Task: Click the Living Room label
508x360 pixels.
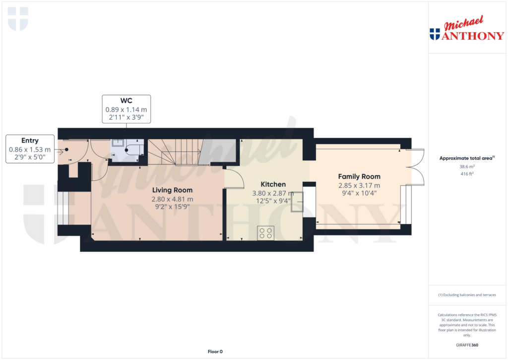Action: tap(172, 190)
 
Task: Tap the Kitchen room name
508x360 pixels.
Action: tap(273, 184)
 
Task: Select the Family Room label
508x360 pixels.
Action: tap(359, 176)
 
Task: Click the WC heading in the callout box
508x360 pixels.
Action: tap(127, 100)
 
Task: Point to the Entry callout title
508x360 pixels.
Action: tap(30, 141)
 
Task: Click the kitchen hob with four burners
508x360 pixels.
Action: tap(266, 233)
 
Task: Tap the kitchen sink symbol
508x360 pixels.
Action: tap(297, 202)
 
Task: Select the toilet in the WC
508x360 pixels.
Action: tap(133, 149)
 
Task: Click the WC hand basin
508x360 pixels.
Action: tap(117, 143)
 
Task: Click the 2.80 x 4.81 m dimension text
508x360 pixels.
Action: tap(172, 199)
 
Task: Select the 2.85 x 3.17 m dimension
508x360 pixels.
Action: tap(359, 186)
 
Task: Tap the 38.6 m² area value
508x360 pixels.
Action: tap(467, 167)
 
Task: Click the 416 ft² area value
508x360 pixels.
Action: tap(467, 174)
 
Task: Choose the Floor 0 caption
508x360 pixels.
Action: tap(215, 352)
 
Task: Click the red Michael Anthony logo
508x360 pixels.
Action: tap(467, 28)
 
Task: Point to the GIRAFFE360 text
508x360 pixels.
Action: tap(467, 345)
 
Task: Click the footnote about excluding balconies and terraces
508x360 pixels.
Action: tap(467, 295)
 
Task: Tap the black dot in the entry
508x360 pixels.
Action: tap(66, 149)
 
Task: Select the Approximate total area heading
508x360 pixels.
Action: tap(467, 158)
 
